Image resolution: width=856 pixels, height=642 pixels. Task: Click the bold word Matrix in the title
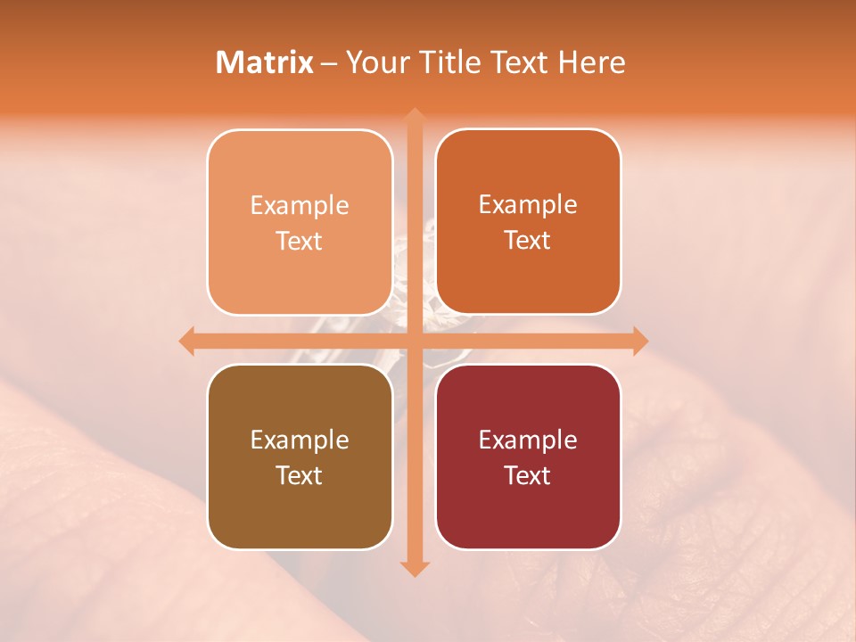pos(265,62)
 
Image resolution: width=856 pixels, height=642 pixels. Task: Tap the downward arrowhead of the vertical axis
pos(414,568)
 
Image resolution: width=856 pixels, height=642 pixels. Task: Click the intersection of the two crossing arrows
pos(414,341)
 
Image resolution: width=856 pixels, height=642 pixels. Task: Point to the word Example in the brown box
pos(300,440)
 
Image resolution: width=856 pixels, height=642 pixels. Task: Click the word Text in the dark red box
pos(528,475)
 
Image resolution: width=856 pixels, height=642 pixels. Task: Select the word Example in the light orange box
pos(300,205)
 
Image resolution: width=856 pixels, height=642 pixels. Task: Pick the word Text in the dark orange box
pos(528,240)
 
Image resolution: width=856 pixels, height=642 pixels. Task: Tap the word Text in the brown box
pos(300,475)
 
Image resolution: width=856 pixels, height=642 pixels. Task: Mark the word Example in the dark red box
pos(528,440)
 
